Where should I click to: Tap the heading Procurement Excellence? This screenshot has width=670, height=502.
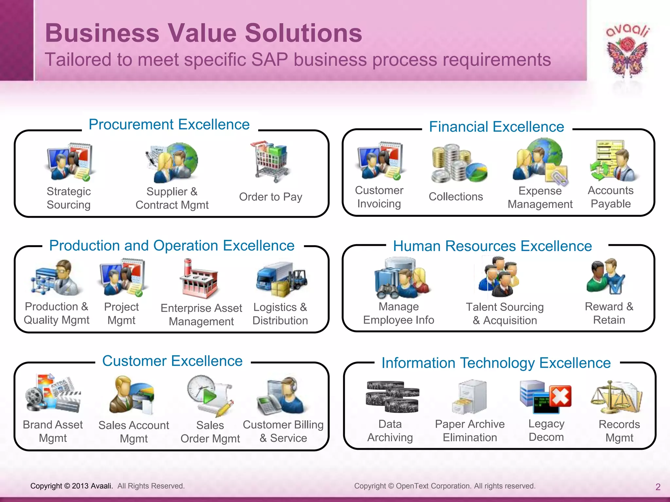169,125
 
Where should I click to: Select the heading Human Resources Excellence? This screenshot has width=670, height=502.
492,246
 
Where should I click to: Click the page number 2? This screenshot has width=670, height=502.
658,487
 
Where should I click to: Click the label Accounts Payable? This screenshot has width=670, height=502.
610,197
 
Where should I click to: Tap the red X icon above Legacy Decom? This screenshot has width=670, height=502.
560,396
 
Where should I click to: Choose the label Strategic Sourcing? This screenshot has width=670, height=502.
69,198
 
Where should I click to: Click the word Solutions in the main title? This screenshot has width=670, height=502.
303,33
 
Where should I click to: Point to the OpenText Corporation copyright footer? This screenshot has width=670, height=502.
445,486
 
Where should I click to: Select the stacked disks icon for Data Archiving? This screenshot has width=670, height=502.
392,396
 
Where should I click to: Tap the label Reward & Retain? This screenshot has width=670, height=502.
609,313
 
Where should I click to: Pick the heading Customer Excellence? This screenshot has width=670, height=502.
172,361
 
